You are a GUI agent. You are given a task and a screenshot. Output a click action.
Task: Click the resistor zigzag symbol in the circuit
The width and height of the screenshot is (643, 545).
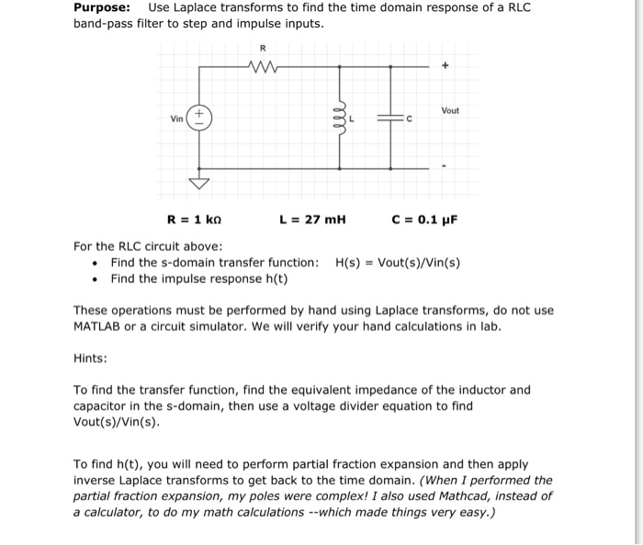[x=263, y=66]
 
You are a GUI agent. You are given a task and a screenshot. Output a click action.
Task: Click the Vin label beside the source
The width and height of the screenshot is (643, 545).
[x=176, y=119]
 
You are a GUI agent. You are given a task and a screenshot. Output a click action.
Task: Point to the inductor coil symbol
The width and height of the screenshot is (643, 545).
[x=342, y=117]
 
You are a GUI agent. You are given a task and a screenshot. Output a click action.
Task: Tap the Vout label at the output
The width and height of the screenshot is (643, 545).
[x=449, y=110]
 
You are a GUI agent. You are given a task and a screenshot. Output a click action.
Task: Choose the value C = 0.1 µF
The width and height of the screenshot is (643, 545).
[x=423, y=220]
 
